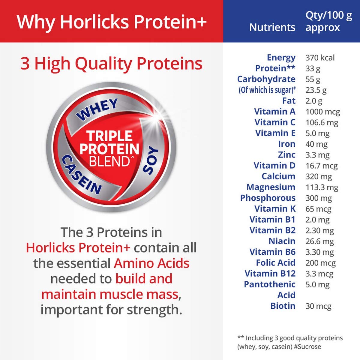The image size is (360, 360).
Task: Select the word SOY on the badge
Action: pyautogui.click(x=151, y=160)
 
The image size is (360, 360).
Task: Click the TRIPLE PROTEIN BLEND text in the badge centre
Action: pyautogui.click(x=109, y=148)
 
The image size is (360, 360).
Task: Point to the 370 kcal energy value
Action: pyautogui.click(x=320, y=58)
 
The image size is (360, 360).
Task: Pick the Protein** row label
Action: pyautogui.click(x=275, y=68)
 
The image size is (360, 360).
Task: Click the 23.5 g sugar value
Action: pyautogui.click(x=316, y=90)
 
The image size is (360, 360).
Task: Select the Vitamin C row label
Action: pyautogui.click(x=275, y=122)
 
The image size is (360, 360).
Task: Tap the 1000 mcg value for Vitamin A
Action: pyautogui.click(x=322, y=112)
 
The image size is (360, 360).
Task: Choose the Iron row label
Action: pyautogui.click(x=287, y=144)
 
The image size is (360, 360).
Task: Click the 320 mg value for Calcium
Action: pyautogui.click(x=319, y=176)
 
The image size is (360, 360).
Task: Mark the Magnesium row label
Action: pyautogui.click(x=271, y=187)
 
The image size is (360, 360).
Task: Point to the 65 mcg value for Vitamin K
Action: pyautogui.click(x=318, y=209)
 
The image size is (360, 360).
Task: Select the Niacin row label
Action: pyautogui.click(x=282, y=241)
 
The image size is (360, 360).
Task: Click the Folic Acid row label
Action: pyautogui.click(x=276, y=263)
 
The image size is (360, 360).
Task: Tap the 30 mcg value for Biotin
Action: pyautogui.click(x=318, y=306)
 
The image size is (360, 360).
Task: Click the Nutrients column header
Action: pyautogui.click(x=272, y=28)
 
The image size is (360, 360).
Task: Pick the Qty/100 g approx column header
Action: pyautogui.click(x=329, y=22)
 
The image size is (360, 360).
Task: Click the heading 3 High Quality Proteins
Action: pyautogui.click(x=111, y=64)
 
